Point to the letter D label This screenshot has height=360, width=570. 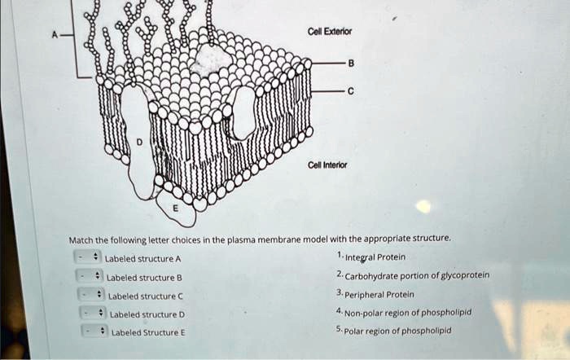click(138, 142)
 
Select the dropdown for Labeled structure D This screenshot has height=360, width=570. click(90, 314)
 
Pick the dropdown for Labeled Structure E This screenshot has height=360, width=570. click(90, 331)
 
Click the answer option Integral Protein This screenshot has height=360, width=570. click(375, 257)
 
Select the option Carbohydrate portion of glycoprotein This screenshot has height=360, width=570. click(416, 275)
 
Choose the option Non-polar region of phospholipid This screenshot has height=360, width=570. click(407, 312)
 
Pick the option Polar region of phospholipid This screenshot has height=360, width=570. click(397, 331)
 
